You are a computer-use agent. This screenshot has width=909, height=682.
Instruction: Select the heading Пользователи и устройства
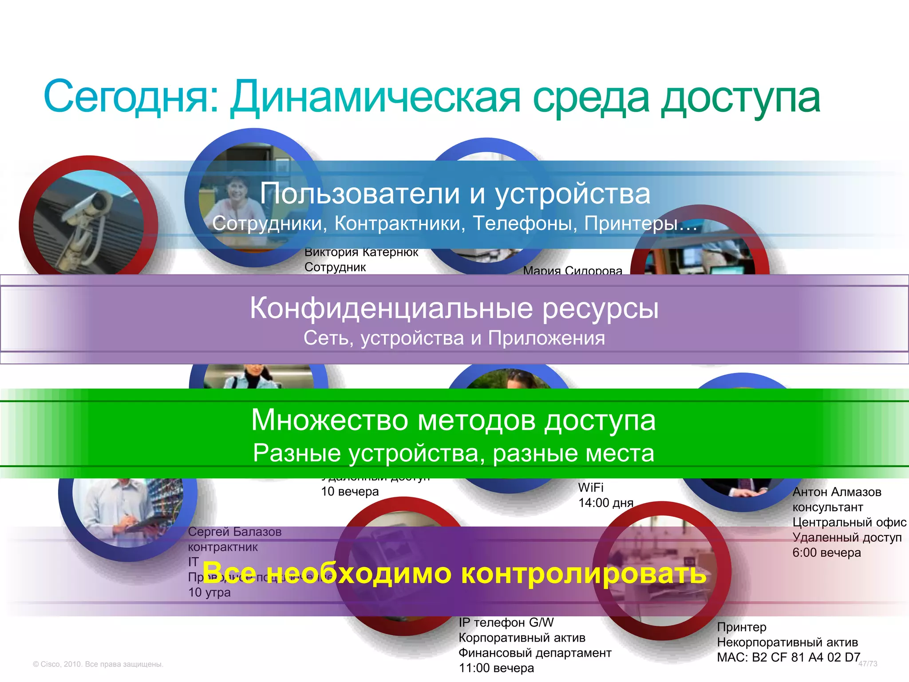(x=455, y=194)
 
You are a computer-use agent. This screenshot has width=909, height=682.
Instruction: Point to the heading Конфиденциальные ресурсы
(x=454, y=308)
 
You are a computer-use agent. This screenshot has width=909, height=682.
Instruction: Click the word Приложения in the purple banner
(x=546, y=338)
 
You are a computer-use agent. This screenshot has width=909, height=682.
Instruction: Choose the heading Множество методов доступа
(x=453, y=420)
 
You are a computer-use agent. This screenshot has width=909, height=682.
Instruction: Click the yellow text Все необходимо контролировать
(x=454, y=573)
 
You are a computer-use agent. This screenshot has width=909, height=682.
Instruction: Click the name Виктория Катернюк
(x=361, y=253)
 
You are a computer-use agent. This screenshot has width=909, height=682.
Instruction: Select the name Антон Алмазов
(x=837, y=492)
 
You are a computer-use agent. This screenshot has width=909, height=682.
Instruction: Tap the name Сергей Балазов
(x=235, y=531)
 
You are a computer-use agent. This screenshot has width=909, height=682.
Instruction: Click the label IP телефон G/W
(x=506, y=623)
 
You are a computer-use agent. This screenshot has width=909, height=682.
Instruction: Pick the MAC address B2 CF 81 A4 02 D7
(x=806, y=657)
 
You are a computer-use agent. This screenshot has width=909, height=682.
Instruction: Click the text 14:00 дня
(x=605, y=503)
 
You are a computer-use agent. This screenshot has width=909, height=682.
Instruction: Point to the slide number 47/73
(x=868, y=664)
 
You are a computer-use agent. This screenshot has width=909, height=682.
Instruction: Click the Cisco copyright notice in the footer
(x=98, y=664)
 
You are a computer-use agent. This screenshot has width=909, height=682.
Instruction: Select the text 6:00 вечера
(x=826, y=553)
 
